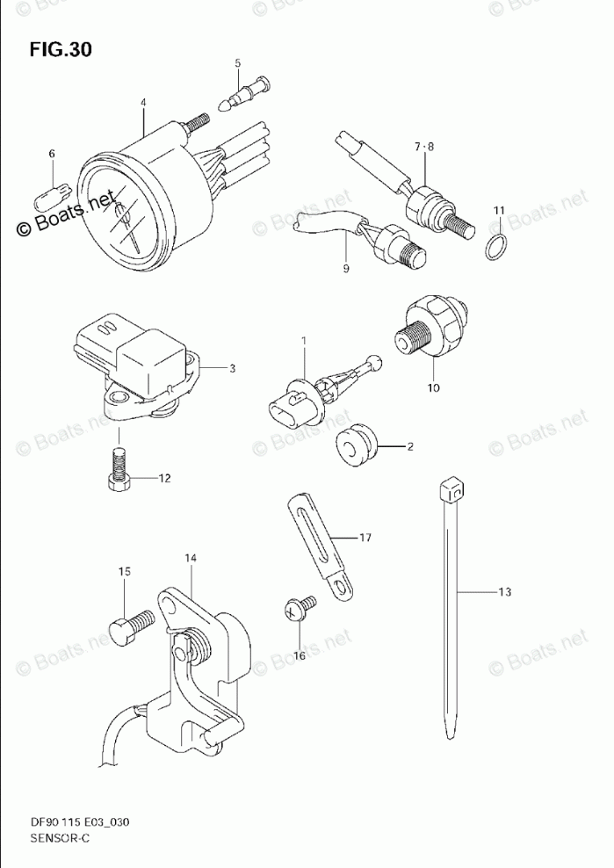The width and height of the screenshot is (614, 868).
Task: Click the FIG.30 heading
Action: pyautogui.click(x=60, y=49)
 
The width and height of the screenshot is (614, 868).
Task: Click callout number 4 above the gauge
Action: pyautogui.click(x=143, y=103)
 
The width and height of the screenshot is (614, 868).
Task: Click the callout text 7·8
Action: pyautogui.click(x=424, y=146)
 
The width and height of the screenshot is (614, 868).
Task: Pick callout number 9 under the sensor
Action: pyautogui.click(x=346, y=268)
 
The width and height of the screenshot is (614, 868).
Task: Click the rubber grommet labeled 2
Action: pyautogui.click(x=357, y=446)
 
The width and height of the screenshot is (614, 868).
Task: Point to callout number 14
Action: pyautogui.click(x=191, y=558)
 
